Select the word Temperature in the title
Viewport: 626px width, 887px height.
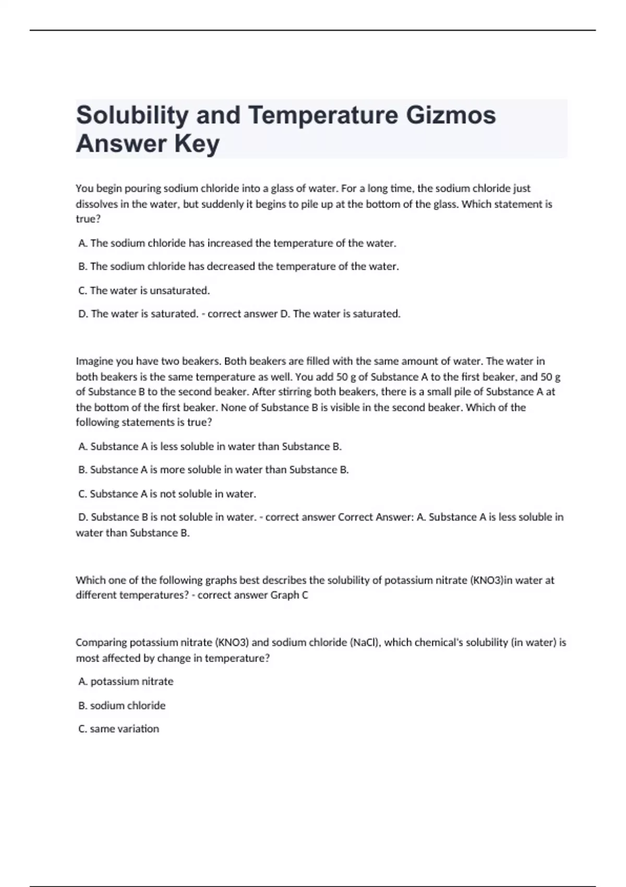[323, 115]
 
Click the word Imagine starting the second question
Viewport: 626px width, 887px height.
[94, 362]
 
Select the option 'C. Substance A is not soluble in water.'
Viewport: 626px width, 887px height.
[167, 494]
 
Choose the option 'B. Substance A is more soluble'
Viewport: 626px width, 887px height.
[213, 470]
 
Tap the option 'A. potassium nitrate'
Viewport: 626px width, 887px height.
[126, 682]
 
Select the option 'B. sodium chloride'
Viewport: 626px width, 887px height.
[122, 706]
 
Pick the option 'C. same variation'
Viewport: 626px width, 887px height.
[118, 729]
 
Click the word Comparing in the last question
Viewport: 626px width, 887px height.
[101, 643]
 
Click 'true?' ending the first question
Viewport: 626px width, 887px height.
[88, 220]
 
